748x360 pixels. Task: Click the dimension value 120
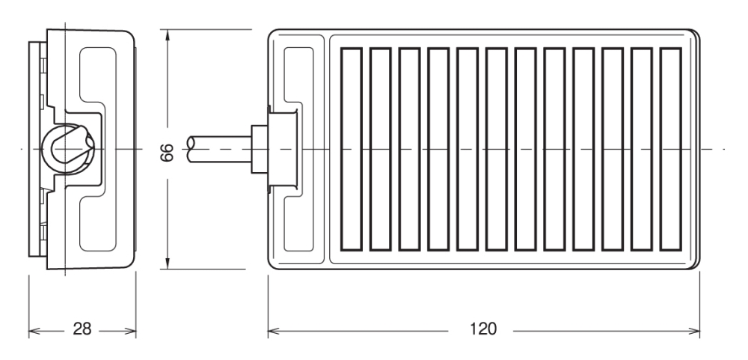coord(482,329)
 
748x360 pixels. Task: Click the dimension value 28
coord(82,329)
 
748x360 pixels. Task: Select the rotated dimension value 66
coord(167,153)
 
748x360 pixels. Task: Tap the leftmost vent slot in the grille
coord(351,149)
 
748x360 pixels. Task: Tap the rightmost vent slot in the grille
coord(671,149)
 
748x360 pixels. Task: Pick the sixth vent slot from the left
coord(496,149)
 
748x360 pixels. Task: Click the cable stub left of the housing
coord(219,149)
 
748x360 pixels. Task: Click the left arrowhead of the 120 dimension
coord(273,331)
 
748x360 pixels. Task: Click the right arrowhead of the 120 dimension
coord(695,331)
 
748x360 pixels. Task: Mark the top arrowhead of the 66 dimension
coord(167,35)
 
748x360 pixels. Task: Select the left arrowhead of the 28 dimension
coord(34,330)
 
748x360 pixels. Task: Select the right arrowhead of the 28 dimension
coord(131,330)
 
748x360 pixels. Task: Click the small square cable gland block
coord(260,149)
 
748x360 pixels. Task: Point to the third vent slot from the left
coord(409,149)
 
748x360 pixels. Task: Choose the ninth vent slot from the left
coord(583,149)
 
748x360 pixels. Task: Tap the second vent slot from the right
coord(642,149)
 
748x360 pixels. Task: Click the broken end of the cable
coord(191,149)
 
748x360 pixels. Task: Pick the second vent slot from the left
coord(380,149)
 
